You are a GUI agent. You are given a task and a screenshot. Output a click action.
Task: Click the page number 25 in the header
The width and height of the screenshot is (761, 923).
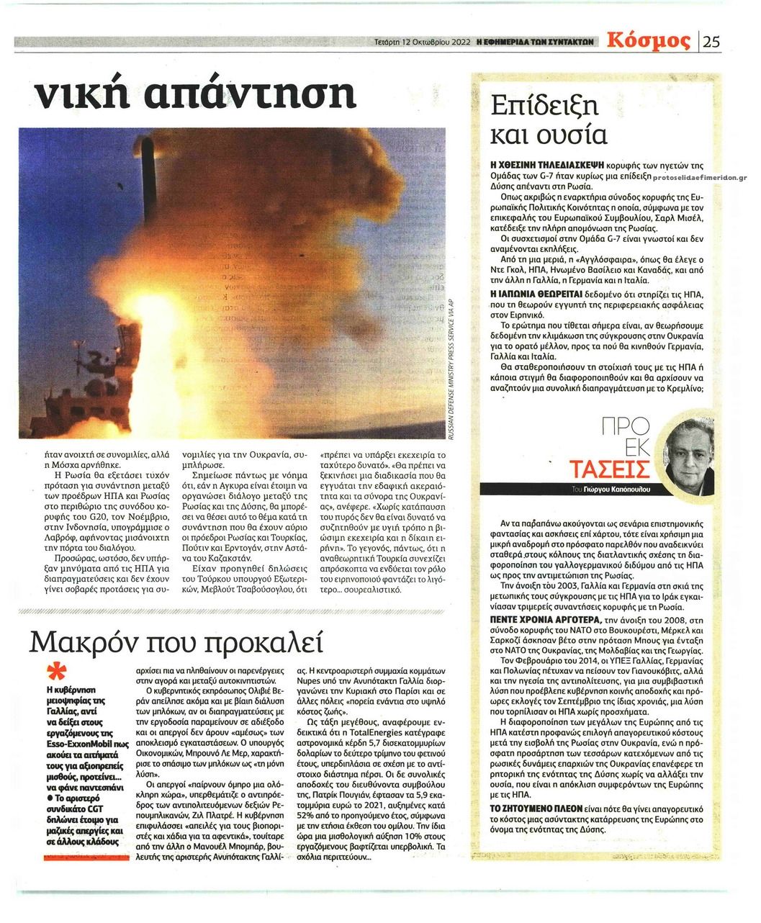711,41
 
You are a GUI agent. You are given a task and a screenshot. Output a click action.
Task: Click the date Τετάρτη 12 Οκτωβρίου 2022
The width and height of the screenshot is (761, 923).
423,42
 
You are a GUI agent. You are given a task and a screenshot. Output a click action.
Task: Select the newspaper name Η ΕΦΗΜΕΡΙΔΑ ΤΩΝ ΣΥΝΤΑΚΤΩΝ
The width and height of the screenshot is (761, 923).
533,42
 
